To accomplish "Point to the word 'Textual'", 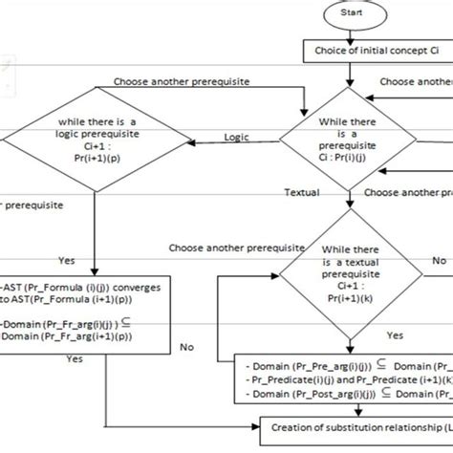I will [x=302, y=192].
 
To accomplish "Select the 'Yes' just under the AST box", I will [x=74, y=360].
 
